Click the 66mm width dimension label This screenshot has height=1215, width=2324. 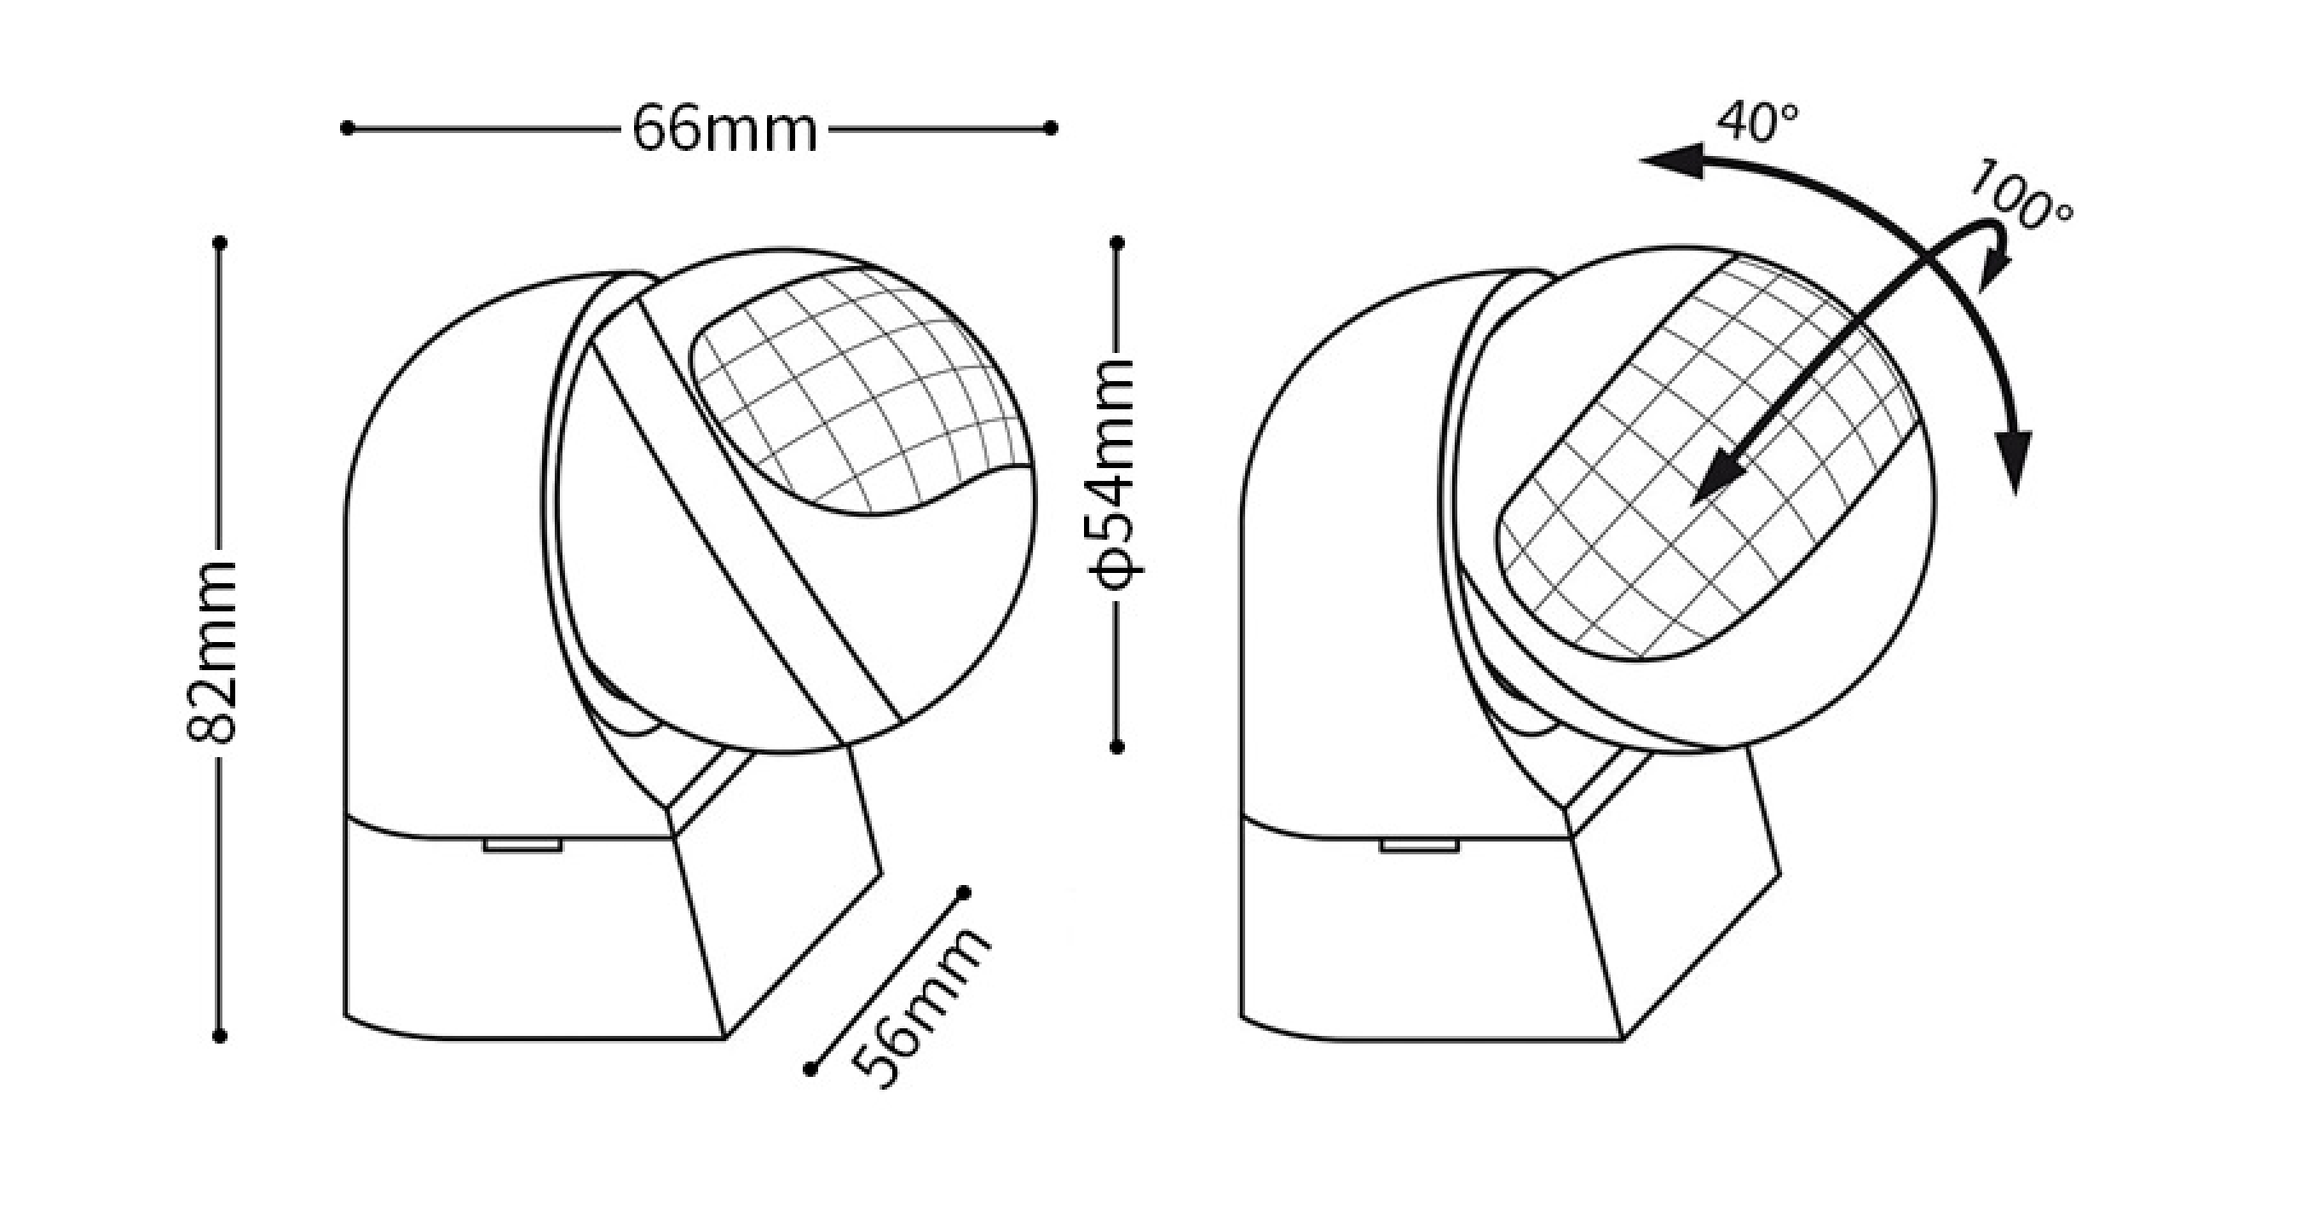coord(724,129)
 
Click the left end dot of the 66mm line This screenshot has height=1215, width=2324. coord(348,128)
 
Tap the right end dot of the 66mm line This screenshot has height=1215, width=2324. coord(1050,128)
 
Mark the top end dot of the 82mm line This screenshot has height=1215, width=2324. coord(219,243)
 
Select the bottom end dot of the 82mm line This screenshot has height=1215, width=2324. coord(219,1036)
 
